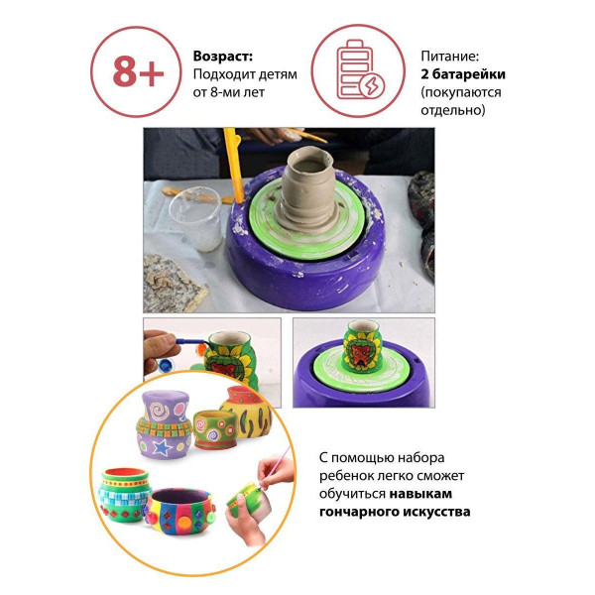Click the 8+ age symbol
click(x=138, y=72)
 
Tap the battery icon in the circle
click(x=359, y=71)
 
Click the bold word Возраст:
click(x=223, y=57)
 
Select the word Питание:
click(x=449, y=57)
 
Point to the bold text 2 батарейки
click(x=463, y=74)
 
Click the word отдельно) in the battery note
click(x=453, y=110)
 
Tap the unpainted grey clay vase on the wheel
click(x=307, y=189)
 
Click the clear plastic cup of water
click(x=195, y=218)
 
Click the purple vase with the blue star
click(x=164, y=424)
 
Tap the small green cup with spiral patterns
click(x=215, y=429)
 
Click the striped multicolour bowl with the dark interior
click(x=179, y=511)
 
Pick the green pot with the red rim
click(x=125, y=495)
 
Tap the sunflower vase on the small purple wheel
click(x=361, y=345)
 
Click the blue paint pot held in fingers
click(x=167, y=365)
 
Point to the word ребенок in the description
click(x=345, y=475)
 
